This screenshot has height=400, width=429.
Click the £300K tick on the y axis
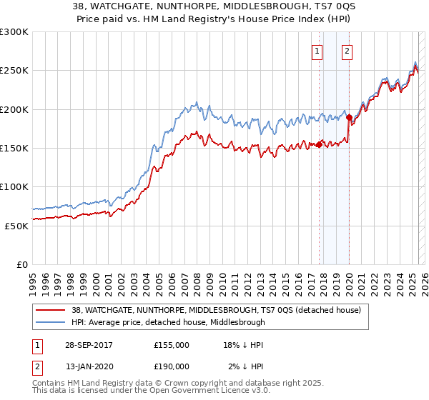[x=14, y=32]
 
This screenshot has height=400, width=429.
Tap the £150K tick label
[x=14, y=148]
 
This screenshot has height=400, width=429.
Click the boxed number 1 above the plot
[x=317, y=51]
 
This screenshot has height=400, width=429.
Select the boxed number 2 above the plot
[x=347, y=51]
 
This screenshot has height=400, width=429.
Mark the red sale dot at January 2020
[x=349, y=118]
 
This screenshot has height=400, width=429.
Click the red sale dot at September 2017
[x=319, y=144]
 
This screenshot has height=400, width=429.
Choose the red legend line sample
[x=50, y=311]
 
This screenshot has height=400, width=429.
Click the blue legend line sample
[x=50, y=322]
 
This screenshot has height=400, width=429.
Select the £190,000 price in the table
[x=172, y=366]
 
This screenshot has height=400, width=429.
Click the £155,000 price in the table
[x=172, y=345]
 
